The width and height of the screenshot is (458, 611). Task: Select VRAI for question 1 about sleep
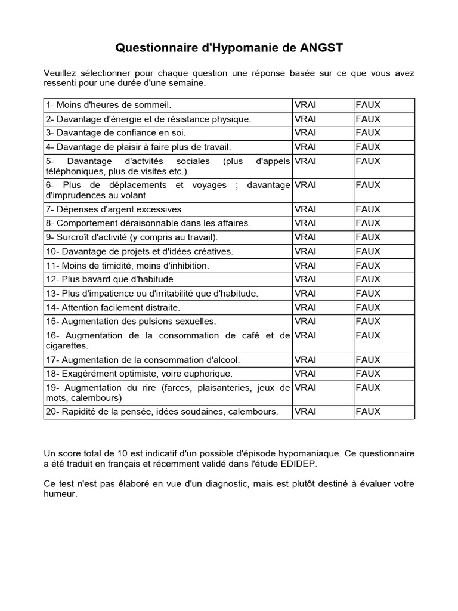coord(305,104)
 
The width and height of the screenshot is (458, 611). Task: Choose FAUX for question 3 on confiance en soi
coord(368,132)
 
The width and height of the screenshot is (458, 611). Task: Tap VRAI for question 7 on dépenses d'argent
coord(305,209)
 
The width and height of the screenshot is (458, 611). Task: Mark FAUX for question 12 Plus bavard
coord(368,279)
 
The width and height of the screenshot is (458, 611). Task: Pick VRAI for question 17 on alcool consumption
coord(305,359)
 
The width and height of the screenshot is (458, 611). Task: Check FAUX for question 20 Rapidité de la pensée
coord(368,411)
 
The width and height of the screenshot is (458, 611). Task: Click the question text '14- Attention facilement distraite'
coord(112,307)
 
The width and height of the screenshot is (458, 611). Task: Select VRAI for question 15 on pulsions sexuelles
coord(305,321)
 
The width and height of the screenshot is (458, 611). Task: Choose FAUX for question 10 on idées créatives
coord(368,251)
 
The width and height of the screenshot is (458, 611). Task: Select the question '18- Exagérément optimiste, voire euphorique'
coord(139,373)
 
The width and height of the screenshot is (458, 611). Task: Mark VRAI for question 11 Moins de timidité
coord(305,265)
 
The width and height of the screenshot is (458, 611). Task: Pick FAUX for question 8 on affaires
coord(368,223)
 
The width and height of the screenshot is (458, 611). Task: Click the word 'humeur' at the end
coord(60,493)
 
